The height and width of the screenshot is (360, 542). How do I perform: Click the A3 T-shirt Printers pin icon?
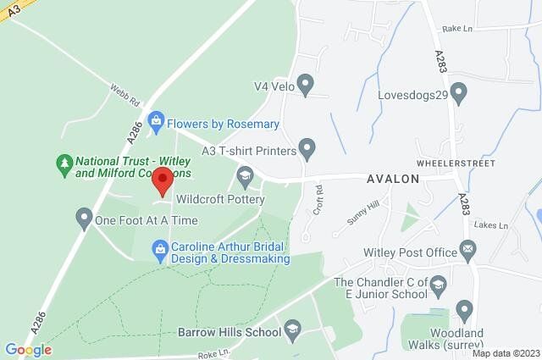click(x=307, y=151)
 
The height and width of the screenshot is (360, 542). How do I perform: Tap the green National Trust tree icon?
click(x=64, y=161)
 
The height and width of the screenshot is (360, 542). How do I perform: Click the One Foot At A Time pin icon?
click(x=83, y=220)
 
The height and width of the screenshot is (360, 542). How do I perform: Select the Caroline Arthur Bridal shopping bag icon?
click(x=159, y=248)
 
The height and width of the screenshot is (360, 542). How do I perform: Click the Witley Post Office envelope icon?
click(x=467, y=250)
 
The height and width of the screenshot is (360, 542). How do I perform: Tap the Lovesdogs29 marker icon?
click(x=459, y=90)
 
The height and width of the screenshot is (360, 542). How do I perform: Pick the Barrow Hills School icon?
click(x=293, y=331)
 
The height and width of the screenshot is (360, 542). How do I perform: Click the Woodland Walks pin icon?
click(x=464, y=309)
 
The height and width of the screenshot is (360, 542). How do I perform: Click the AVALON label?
click(x=393, y=179)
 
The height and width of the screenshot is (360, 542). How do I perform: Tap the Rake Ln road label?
click(x=456, y=28)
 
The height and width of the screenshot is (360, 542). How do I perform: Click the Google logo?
click(x=28, y=350)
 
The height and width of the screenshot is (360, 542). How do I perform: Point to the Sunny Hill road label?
click(x=361, y=215)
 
